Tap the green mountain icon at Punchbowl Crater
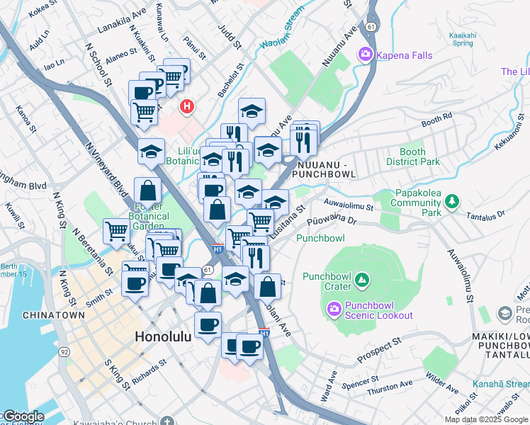click(x=362, y=281)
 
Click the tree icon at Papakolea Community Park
click(x=451, y=202)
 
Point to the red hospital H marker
click(x=186, y=107)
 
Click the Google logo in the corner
click(x=23, y=416)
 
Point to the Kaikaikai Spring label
click(x=461, y=38)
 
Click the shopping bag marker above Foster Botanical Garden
click(x=147, y=191)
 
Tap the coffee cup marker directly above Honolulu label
click(x=208, y=325)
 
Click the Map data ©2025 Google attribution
click(x=486, y=419)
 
